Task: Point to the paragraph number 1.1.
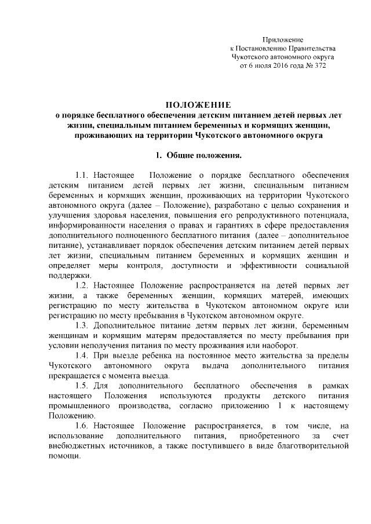click(83, 174)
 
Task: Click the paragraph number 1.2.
click(83, 286)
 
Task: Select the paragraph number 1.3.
click(83, 324)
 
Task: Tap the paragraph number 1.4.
click(83, 353)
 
